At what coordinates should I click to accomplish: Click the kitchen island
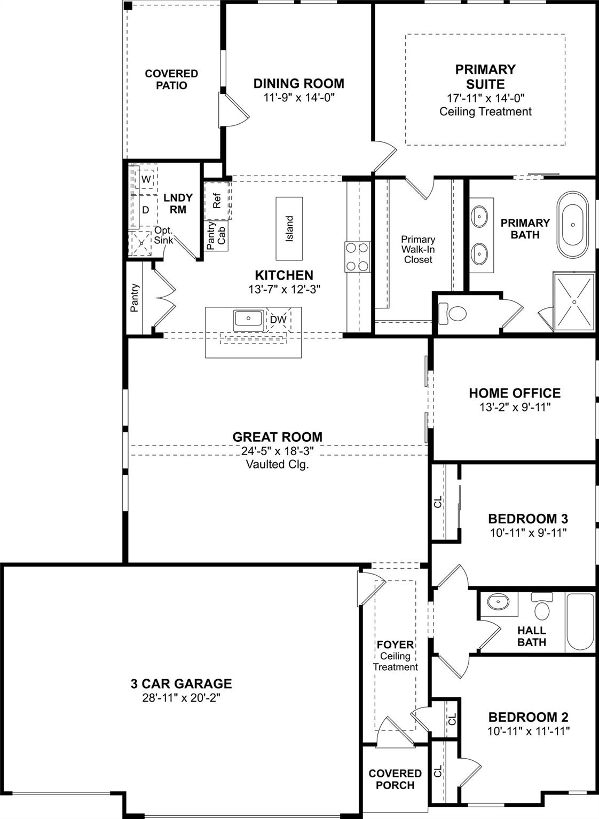(x=289, y=228)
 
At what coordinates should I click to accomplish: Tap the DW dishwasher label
(x=278, y=320)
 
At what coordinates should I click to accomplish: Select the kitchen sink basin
(x=248, y=319)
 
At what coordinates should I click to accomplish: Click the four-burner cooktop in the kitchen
(x=357, y=257)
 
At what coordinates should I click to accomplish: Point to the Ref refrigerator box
(x=217, y=201)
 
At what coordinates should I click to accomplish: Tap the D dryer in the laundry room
(x=145, y=210)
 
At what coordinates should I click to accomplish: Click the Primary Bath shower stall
(x=574, y=301)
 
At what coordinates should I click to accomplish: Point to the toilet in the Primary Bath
(x=452, y=313)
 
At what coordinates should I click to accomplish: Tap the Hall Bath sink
(x=498, y=601)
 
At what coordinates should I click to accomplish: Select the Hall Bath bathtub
(x=580, y=621)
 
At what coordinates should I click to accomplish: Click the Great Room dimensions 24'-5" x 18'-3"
(x=278, y=451)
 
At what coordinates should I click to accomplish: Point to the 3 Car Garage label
(x=182, y=683)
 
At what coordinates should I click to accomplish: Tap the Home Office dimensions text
(x=515, y=407)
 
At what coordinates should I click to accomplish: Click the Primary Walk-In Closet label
(x=418, y=249)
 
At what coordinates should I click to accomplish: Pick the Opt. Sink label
(x=163, y=235)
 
